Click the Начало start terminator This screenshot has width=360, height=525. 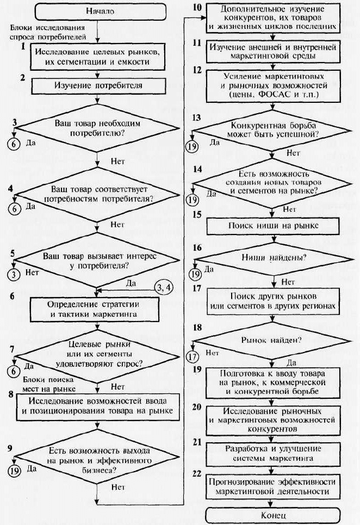[100, 11]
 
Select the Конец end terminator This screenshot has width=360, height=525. [272, 515]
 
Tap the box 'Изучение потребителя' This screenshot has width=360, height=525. [98, 85]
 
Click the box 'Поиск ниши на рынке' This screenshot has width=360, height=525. [273, 226]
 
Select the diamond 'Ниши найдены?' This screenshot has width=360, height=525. [274, 259]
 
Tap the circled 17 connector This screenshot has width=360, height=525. [192, 356]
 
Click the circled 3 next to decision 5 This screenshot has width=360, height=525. [14, 275]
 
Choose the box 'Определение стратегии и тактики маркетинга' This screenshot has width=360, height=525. [95, 310]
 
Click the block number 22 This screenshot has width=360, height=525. [197, 473]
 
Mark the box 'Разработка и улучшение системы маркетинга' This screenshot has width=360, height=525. [273, 455]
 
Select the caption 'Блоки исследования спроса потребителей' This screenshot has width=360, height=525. [48, 32]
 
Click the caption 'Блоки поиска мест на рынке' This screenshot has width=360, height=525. [48, 385]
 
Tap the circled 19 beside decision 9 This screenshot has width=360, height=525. [14, 471]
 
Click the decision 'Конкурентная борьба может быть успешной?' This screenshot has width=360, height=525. [273, 130]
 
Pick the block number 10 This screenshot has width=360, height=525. [197, 7]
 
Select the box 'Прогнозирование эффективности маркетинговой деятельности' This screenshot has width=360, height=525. [272, 486]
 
